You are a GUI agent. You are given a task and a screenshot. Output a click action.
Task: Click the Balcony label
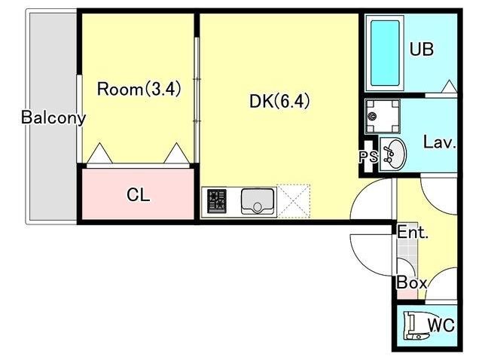pyautogui.click(x=53, y=117)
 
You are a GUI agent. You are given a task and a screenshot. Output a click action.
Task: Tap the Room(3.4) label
pyautogui.click(x=139, y=89)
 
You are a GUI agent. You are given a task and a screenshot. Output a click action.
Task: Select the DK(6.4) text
pyautogui.click(x=279, y=101)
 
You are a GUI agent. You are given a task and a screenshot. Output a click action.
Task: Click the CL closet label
pyautogui.click(x=139, y=194)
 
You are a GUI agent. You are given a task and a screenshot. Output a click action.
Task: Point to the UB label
pyautogui.click(x=422, y=49)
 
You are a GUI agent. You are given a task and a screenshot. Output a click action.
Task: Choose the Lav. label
pyautogui.click(x=440, y=142)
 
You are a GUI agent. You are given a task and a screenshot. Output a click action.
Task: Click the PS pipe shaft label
pyautogui.click(x=368, y=157)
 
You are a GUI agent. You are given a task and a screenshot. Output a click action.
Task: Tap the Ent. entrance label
pyautogui.click(x=413, y=232)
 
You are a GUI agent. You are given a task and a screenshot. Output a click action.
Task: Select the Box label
pyautogui.click(x=412, y=282)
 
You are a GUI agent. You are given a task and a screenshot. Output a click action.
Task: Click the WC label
pyautogui.click(x=441, y=325)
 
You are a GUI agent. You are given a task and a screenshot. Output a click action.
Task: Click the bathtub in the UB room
pyautogui.click(x=385, y=53)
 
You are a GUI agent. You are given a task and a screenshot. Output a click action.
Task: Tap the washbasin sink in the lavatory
pyautogui.click(x=392, y=154)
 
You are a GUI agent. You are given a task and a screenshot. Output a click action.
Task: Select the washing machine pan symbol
pyautogui.click(x=383, y=117)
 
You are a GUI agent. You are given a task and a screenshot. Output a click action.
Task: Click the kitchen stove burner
pyautogui.click(x=217, y=201)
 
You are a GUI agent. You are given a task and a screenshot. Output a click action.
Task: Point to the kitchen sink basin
pyautogui.click(x=258, y=201)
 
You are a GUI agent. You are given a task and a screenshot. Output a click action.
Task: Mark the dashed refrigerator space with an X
pyautogui.click(x=294, y=201)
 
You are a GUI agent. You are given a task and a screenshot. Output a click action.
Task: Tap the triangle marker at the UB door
pyautogui.click(x=449, y=86)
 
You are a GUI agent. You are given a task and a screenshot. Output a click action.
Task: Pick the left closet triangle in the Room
pyautogui.click(x=99, y=153)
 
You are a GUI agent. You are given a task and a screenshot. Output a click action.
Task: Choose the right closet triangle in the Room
pyautogui.click(x=176, y=153)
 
